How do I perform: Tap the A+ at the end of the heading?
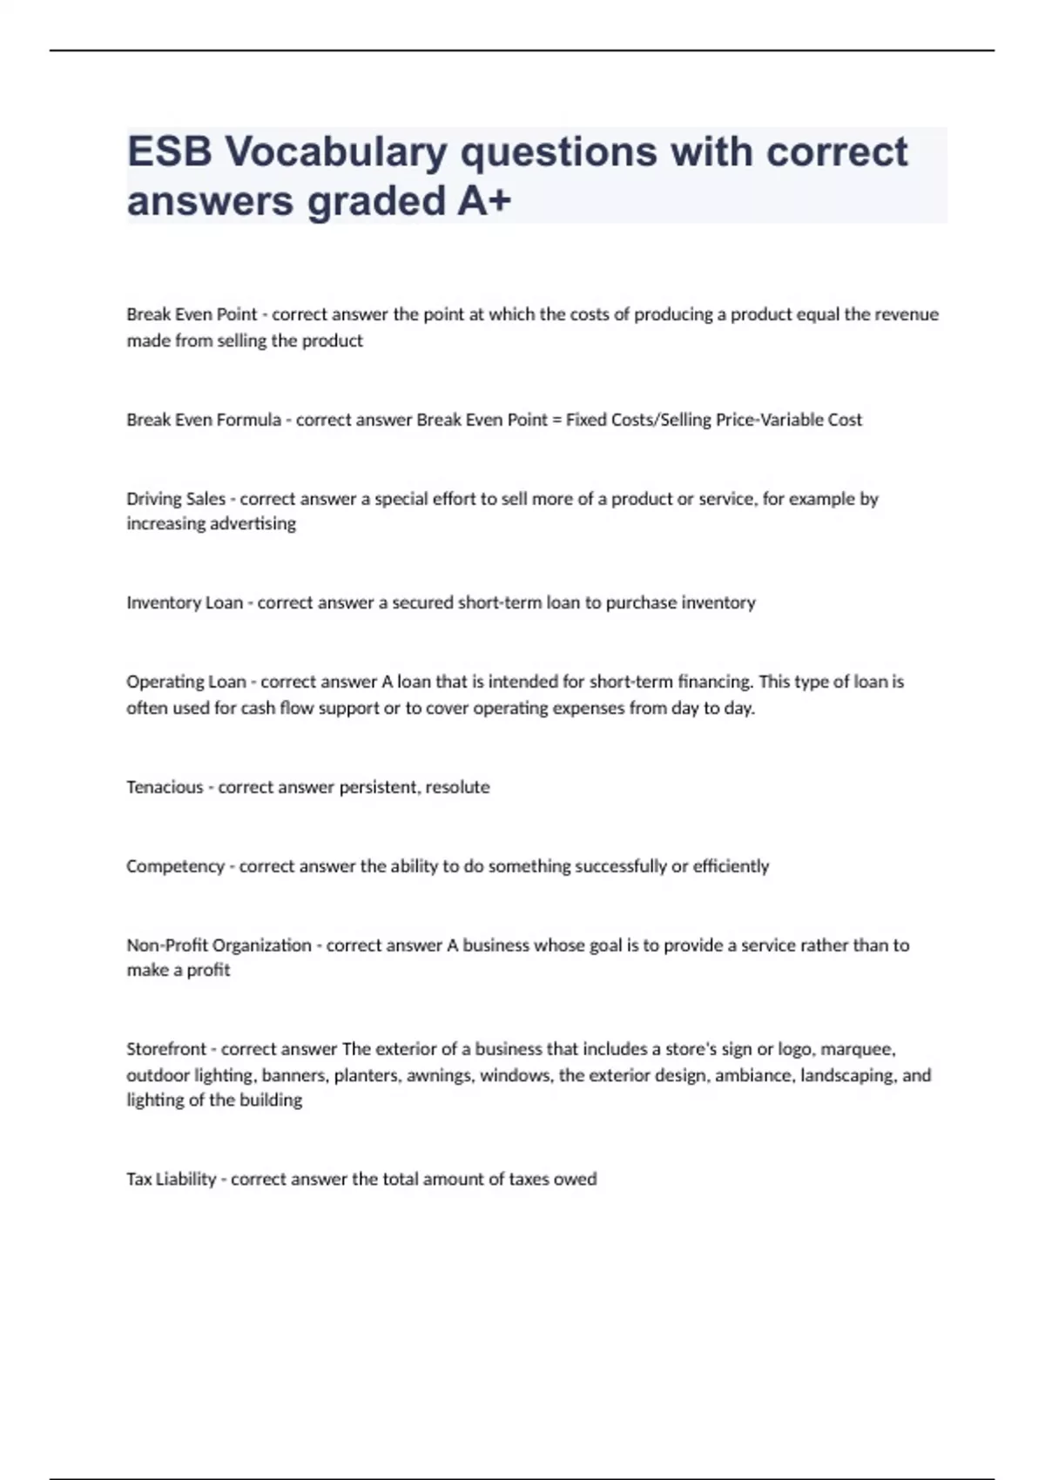coord(484,201)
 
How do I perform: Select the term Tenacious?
coord(165,787)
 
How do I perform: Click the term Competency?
coord(175,866)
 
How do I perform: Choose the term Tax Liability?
coord(171,1179)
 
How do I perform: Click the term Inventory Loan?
coord(185,602)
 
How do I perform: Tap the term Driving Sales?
coord(176,499)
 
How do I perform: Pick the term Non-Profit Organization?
coord(219,945)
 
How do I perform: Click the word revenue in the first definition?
coord(907,314)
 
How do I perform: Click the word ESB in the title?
coord(169,152)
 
